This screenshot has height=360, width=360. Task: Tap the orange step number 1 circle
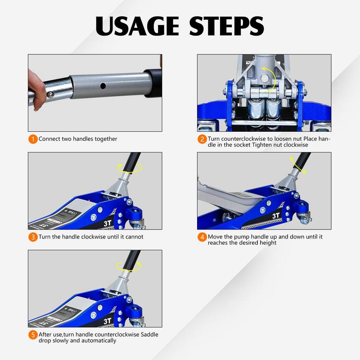[33, 139]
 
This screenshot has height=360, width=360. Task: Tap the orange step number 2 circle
[202, 139]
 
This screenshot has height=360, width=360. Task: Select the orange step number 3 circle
[33, 237]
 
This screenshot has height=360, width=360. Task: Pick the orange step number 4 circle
[202, 237]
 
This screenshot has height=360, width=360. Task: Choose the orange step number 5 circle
[33, 335]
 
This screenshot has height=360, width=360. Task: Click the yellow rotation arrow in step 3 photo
[129, 168]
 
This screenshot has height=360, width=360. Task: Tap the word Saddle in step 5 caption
[148, 335]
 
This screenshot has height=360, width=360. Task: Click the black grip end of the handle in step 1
[153, 83]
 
